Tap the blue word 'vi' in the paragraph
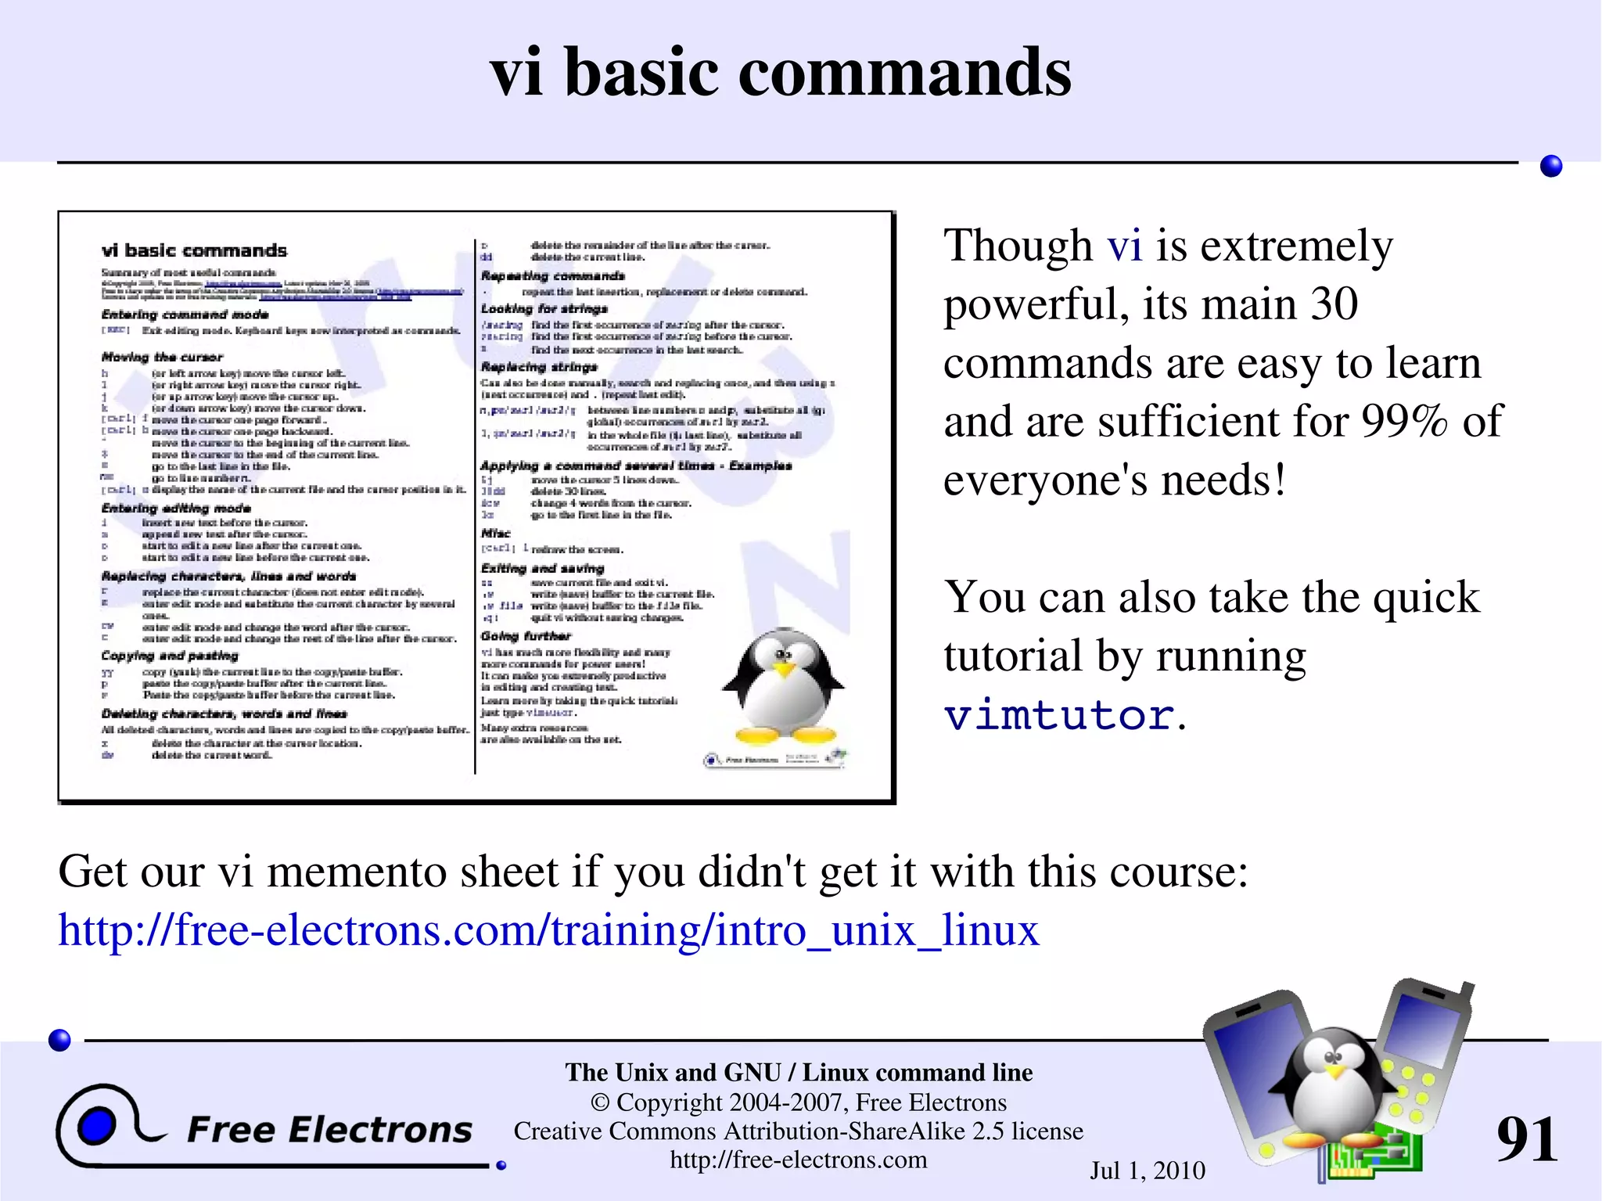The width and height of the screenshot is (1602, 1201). click(x=1124, y=246)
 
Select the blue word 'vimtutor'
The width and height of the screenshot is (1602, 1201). click(x=1059, y=714)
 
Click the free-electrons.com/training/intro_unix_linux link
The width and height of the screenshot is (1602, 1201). click(x=548, y=930)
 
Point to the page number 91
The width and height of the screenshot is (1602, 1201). click(x=1526, y=1139)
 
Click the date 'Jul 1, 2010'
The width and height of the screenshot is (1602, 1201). click(x=1147, y=1170)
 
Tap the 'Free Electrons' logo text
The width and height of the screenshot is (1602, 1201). click(x=329, y=1130)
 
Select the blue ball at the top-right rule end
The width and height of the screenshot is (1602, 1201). click(x=1550, y=166)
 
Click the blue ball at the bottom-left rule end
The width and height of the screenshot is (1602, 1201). click(x=59, y=1040)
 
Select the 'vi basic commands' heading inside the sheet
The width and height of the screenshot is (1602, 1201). click(x=194, y=250)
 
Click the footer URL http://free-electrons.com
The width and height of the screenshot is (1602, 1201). click(x=798, y=1160)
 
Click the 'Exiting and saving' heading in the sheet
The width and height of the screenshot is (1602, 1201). click(x=542, y=568)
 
